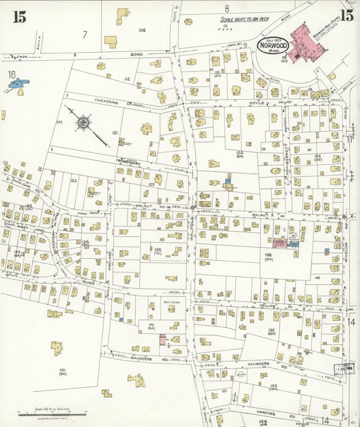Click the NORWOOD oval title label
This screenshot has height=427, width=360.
(273, 46)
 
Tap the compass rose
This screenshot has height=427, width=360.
(84, 123)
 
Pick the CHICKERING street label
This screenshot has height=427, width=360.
(107, 102)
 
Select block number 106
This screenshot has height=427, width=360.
(142, 30)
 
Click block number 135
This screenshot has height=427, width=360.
(157, 251)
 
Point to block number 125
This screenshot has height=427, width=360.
(317, 156)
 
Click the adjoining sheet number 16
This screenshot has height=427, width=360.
(11, 74)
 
